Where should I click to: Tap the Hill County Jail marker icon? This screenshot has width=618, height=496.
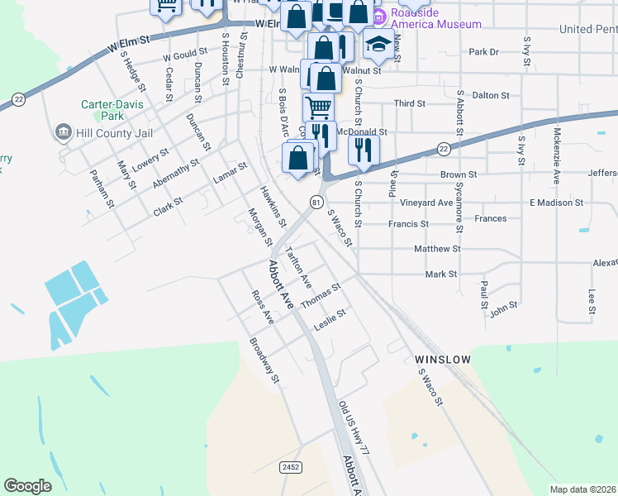[63, 132]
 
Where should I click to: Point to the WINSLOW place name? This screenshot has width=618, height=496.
[442, 360]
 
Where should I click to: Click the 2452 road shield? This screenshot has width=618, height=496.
[290, 467]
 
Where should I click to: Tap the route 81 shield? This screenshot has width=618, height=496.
[316, 202]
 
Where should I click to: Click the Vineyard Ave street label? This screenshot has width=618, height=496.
[426, 203]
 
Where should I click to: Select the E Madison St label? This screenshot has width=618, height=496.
[556, 203]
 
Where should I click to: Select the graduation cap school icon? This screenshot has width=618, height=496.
[378, 45]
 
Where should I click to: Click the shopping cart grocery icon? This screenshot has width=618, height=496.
[317, 106]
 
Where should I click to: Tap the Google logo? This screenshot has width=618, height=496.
[27, 486]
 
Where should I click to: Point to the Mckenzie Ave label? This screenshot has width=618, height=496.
[557, 156]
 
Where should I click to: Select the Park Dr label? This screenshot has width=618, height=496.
[484, 52]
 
